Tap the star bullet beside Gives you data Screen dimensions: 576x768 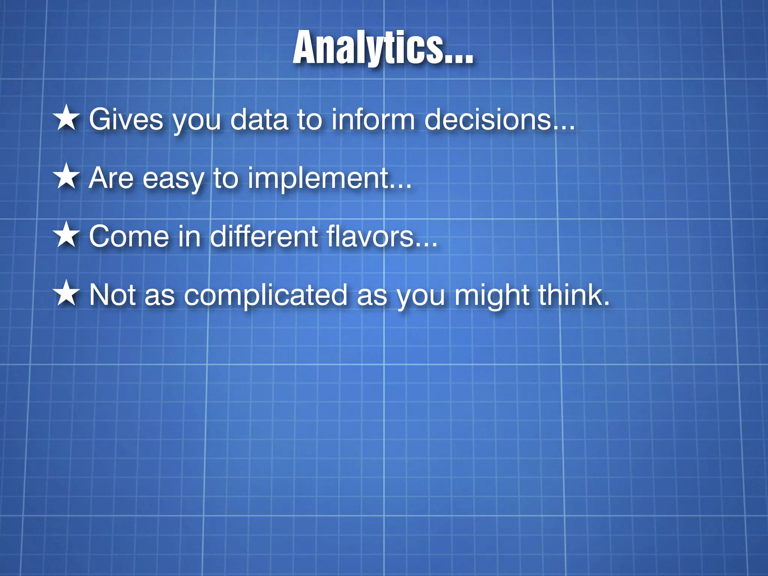[67, 118]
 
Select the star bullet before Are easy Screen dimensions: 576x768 [67, 177]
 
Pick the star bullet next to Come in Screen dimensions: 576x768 [67, 235]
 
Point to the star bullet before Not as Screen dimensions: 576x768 [67, 294]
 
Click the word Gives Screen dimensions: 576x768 [126, 119]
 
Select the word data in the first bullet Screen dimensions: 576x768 [259, 119]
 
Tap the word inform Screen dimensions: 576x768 [373, 119]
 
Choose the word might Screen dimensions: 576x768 [491, 295]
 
